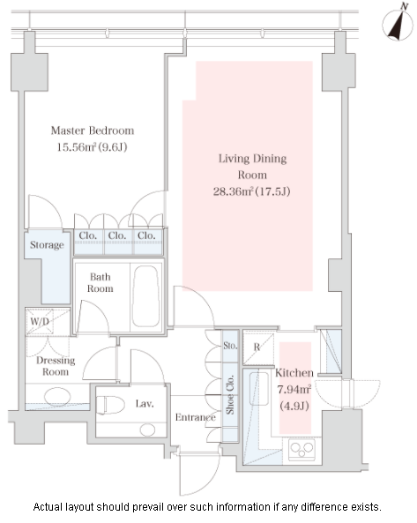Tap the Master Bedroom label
point(93,131)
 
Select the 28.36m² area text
point(234,191)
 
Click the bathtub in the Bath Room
point(145,296)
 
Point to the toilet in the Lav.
point(110,405)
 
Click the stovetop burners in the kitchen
point(302,450)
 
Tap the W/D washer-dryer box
point(40,322)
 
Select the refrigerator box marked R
point(258,347)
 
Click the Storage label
point(47,245)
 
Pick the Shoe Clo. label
point(230,395)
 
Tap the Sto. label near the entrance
point(230,346)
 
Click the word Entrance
point(196,417)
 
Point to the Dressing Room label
point(56,366)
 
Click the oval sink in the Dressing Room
point(57,397)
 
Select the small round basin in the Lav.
point(147,430)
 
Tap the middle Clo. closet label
point(117,235)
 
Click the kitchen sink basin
point(259,389)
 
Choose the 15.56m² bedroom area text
point(77,147)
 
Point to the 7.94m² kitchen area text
point(294,389)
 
